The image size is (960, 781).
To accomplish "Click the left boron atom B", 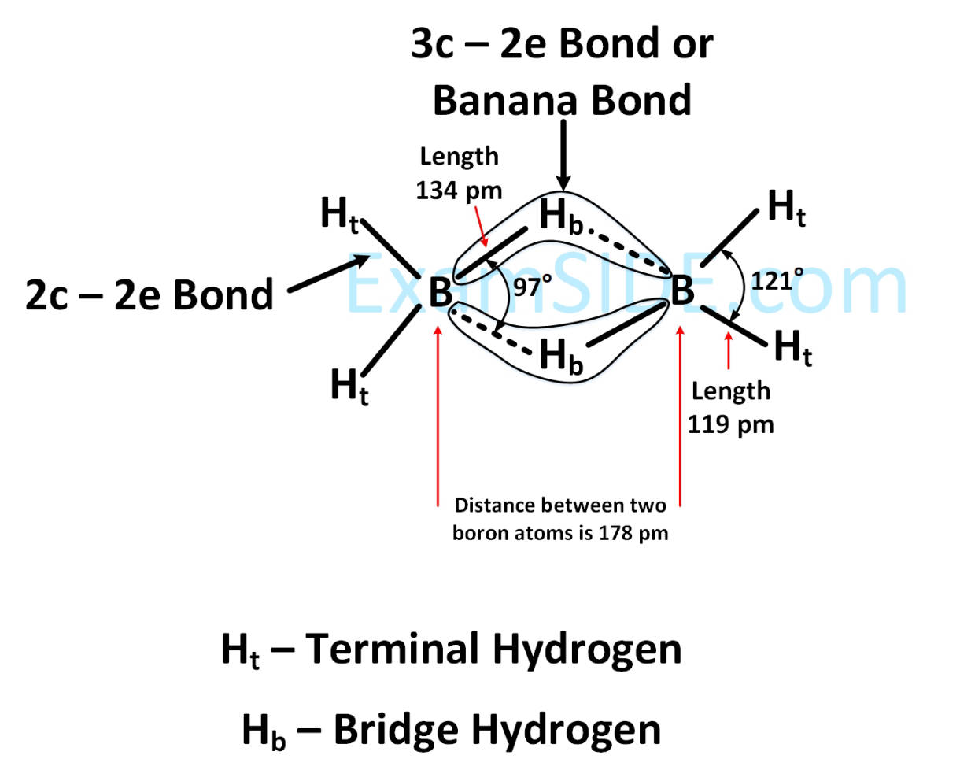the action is click(440, 292).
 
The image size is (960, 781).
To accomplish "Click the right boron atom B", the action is click(682, 290).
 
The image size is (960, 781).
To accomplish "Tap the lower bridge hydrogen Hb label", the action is click(561, 357).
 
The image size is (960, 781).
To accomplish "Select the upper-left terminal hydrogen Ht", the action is click(339, 215).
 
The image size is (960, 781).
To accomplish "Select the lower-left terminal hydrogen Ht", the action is click(349, 387).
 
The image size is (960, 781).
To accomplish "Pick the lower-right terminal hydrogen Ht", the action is click(793, 348).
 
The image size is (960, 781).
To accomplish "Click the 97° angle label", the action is click(532, 287).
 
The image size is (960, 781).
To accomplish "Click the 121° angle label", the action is click(777, 280).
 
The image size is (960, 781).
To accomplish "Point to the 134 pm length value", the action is click(459, 191).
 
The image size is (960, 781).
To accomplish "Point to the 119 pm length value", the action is click(730, 425).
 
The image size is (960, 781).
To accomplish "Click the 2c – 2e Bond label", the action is click(150, 295).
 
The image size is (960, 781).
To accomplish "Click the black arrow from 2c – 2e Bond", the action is click(329, 273).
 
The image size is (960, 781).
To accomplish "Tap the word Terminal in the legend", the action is click(392, 650).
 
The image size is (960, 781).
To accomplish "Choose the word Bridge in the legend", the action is click(396, 730).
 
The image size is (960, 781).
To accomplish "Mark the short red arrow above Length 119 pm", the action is click(729, 351).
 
